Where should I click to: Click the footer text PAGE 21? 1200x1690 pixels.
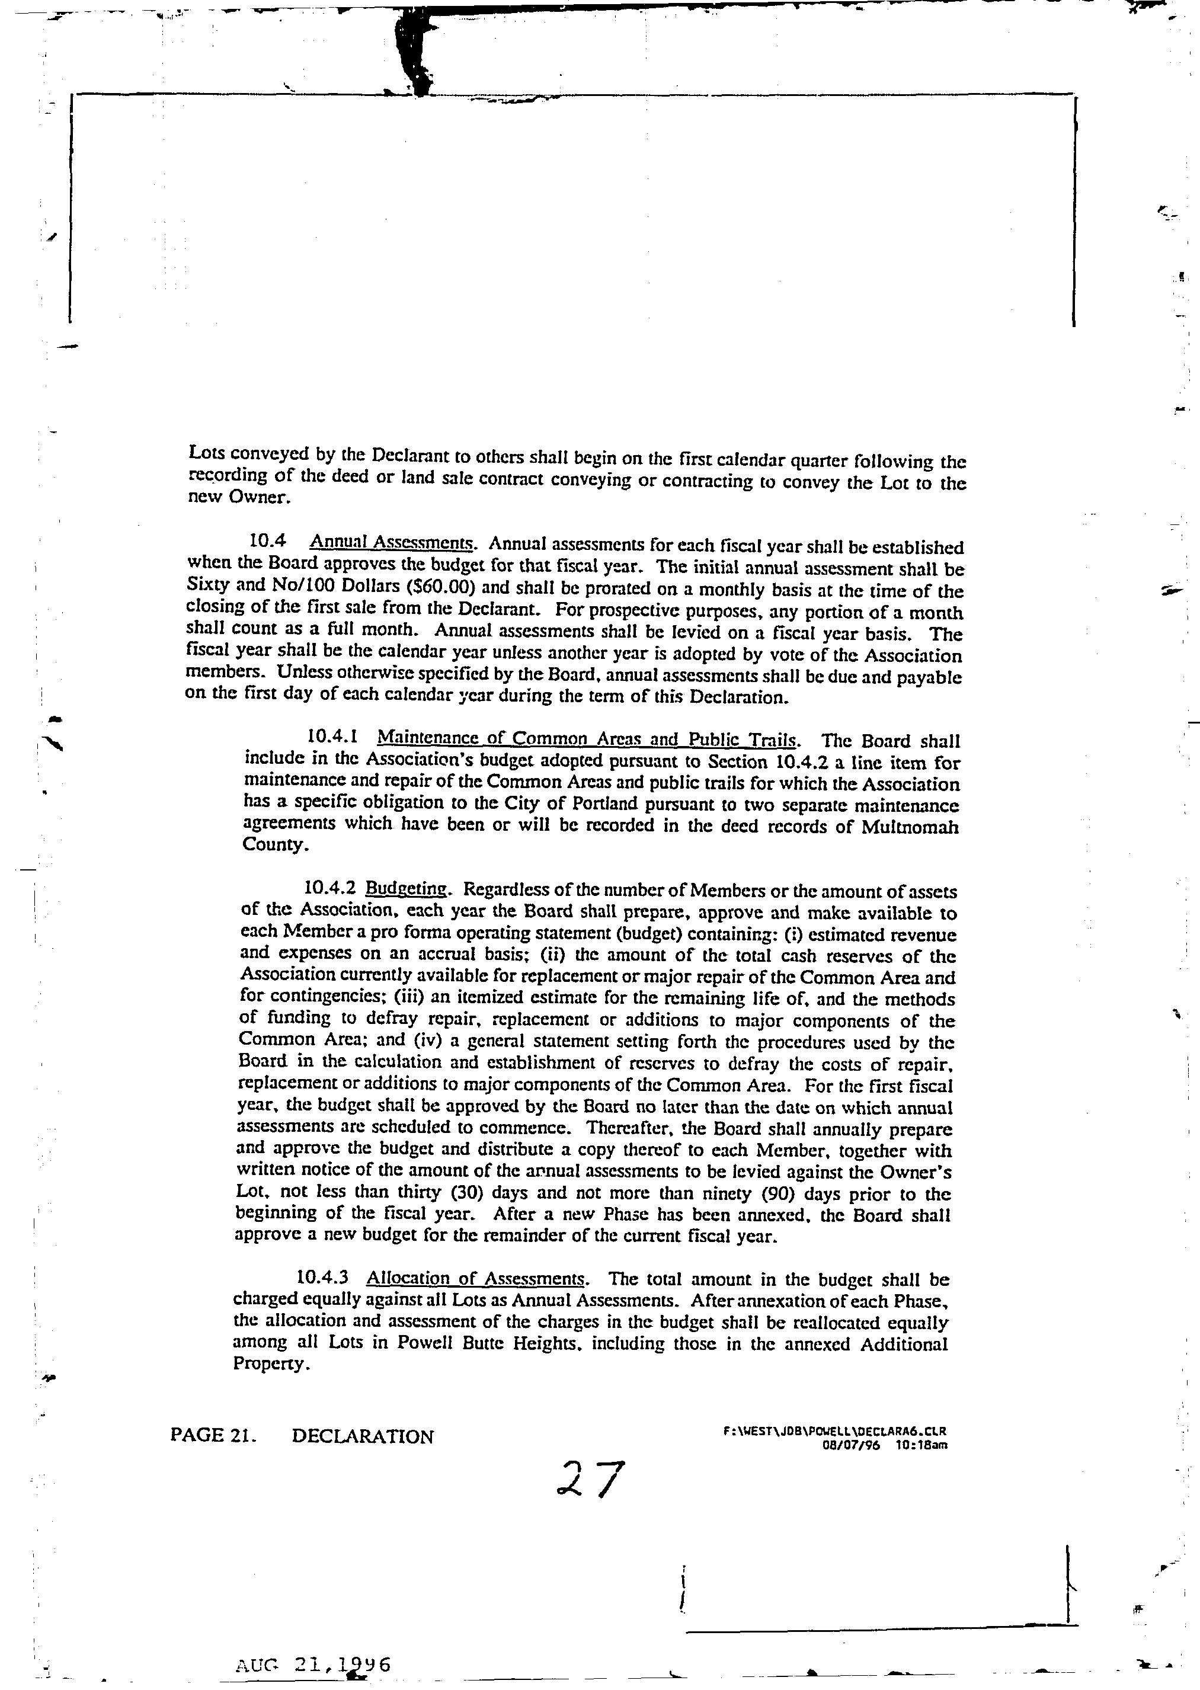[213, 1435]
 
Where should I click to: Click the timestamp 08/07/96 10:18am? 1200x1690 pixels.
[885, 1445]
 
